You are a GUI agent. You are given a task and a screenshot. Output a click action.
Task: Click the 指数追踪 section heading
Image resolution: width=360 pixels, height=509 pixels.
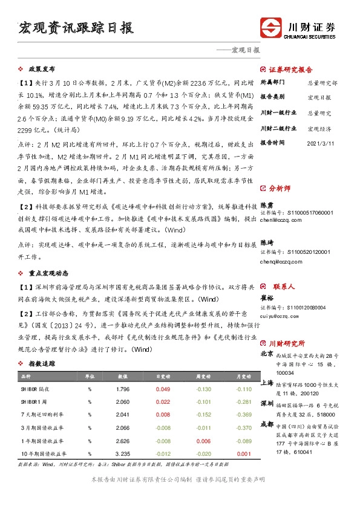[42, 364]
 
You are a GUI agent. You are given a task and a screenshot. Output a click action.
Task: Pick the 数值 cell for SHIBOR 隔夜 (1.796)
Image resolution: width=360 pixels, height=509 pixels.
[122, 389]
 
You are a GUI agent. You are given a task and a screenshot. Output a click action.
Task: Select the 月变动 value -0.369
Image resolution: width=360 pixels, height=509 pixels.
[243, 415]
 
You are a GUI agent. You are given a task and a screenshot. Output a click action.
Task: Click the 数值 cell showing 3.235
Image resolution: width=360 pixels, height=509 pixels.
[122, 453]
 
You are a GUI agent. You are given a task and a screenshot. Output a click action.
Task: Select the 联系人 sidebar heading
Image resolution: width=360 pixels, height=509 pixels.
[283, 287]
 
